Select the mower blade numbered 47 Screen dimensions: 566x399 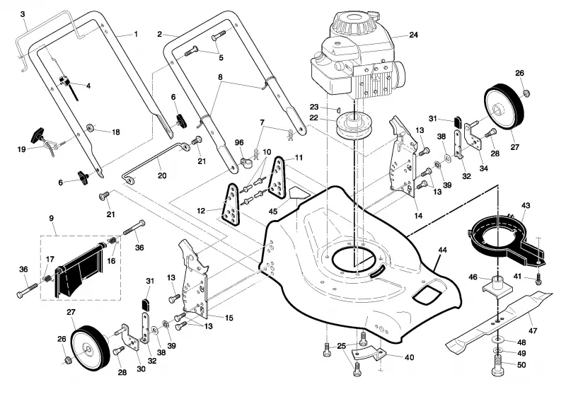tap(500, 320)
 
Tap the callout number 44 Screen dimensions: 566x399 tap(442, 250)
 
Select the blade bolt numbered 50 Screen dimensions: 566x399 tap(498, 365)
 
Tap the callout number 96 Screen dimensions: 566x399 tap(239, 143)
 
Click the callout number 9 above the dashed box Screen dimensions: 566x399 tap(51, 218)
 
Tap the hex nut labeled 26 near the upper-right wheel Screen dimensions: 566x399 tap(526, 93)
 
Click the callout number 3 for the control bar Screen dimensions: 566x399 tap(23, 14)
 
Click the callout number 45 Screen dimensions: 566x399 tap(273, 211)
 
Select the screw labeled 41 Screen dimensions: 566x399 tap(538, 279)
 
